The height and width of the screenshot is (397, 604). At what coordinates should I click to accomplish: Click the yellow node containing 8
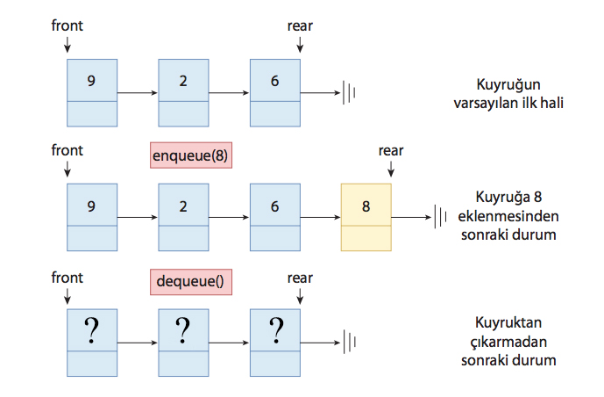point(366,217)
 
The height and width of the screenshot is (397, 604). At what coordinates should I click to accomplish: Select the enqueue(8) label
point(190,155)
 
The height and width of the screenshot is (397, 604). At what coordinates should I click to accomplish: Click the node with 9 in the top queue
point(92,92)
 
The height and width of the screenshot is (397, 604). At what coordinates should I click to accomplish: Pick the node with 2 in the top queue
point(183,92)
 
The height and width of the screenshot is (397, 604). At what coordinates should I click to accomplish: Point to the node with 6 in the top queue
point(274,92)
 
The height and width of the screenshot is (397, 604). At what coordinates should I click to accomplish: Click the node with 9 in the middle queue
point(92,217)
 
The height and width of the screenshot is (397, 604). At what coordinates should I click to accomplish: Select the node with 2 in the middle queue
point(183,217)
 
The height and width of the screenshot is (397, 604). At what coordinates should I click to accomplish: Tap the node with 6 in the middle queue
point(274,217)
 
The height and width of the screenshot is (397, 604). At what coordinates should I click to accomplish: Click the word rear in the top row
point(300,25)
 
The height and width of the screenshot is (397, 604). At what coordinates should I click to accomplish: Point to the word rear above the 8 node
point(391,150)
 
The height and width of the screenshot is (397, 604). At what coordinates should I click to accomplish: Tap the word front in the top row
point(68,25)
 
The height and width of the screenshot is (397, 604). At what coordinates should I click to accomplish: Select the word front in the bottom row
point(68,277)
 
